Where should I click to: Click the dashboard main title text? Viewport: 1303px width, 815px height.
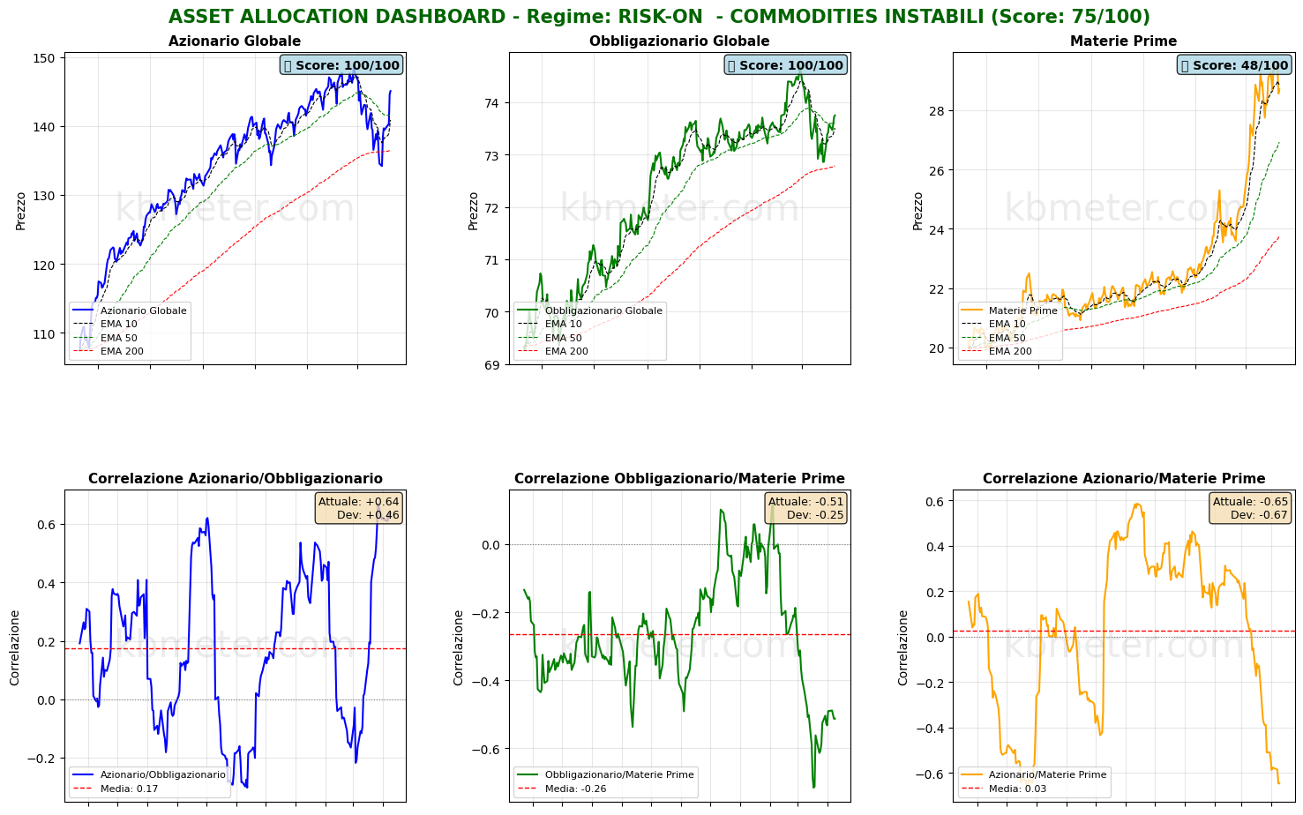tap(659, 17)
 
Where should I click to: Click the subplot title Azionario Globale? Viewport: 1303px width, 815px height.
tap(235, 41)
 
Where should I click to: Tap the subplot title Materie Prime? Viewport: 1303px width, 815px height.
tap(1123, 41)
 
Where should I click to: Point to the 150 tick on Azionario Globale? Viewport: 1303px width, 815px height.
tap(45, 58)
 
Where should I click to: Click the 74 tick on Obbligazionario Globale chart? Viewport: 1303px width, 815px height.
tap(490, 103)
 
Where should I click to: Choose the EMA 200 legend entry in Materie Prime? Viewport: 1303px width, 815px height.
tap(1007, 351)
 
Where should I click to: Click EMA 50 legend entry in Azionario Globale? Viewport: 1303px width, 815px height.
tap(118, 338)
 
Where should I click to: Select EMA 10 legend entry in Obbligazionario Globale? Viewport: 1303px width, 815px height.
tap(563, 324)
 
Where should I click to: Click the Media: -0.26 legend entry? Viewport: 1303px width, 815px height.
tap(575, 789)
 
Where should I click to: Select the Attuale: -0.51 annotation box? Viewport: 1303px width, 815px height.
tap(805, 508)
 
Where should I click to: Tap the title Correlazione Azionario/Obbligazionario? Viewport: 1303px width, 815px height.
tap(235, 479)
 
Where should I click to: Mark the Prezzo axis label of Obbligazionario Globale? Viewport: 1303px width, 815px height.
tap(474, 211)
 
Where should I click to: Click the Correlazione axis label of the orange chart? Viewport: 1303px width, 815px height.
tap(903, 647)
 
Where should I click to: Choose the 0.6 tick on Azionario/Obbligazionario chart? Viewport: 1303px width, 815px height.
tap(45, 525)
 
